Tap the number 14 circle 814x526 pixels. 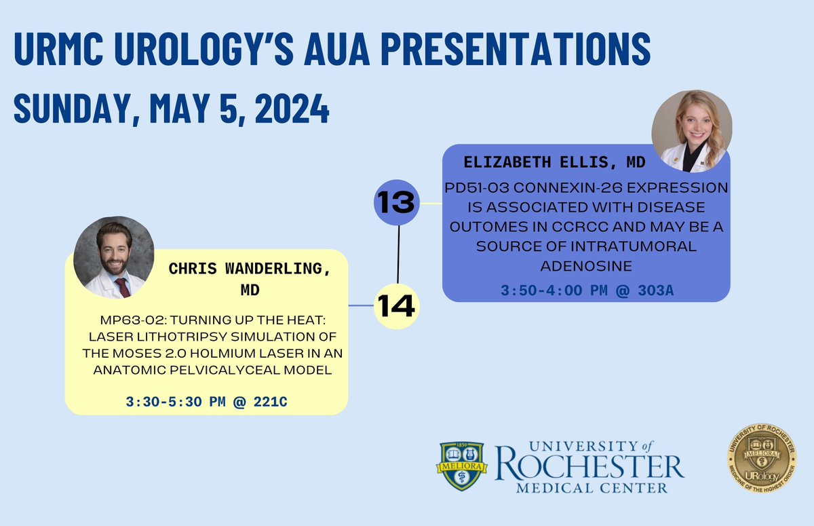point(398,306)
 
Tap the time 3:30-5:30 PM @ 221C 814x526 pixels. point(206,402)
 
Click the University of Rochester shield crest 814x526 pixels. point(461,466)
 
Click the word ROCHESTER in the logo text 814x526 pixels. point(589,467)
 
